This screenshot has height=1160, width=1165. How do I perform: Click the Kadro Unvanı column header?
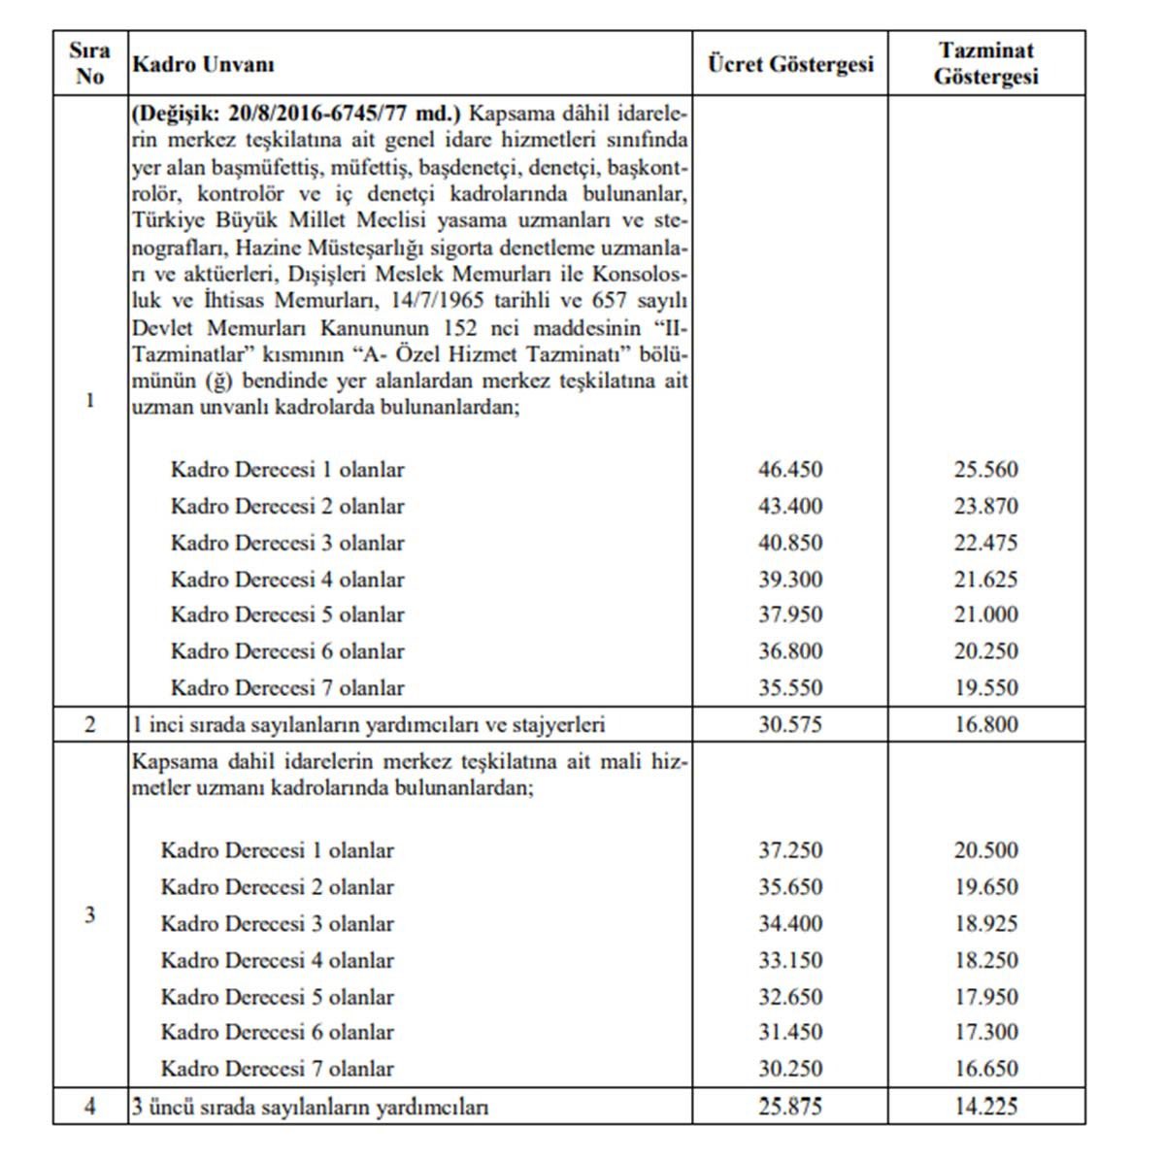[203, 64]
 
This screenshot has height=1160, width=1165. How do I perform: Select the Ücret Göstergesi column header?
[790, 64]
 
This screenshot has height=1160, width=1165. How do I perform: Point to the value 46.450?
[790, 470]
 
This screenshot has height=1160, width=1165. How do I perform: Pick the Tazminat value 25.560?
[986, 470]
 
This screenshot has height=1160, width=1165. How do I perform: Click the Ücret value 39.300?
[790, 580]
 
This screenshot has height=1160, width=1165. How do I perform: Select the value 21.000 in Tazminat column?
[986, 614]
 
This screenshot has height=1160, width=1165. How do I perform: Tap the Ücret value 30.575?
[790, 724]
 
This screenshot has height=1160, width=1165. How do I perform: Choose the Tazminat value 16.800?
[986, 724]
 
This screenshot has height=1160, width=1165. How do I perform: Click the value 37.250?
[790, 850]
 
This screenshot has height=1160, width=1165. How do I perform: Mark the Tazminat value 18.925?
[986, 923]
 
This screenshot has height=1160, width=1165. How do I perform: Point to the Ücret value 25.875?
[790, 1106]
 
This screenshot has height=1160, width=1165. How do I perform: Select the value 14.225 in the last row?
[986, 1106]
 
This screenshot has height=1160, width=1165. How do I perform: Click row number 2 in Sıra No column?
[90, 724]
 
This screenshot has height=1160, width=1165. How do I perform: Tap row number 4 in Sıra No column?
[90, 1106]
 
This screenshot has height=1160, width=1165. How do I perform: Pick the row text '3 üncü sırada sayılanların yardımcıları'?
[310, 1106]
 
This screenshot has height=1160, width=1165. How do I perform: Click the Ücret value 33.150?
[790, 960]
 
